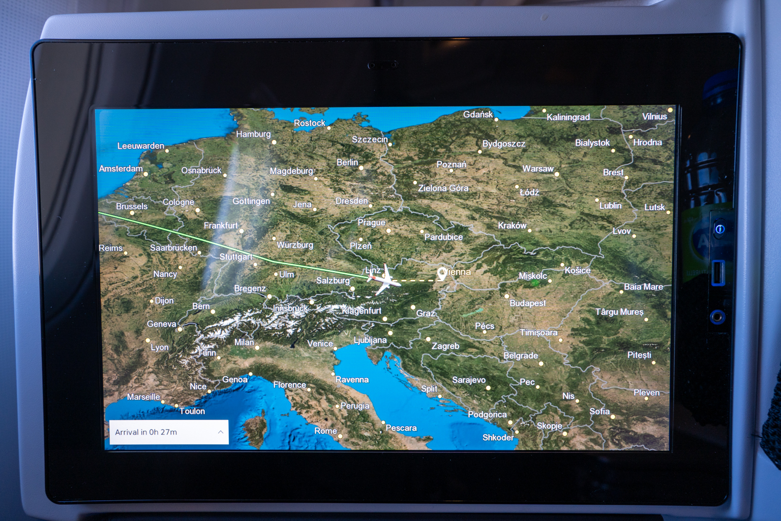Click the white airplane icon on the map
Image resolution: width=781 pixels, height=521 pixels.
click(384, 279)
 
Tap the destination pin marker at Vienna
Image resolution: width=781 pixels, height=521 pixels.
click(442, 274)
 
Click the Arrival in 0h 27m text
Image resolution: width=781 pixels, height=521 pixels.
click(146, 432)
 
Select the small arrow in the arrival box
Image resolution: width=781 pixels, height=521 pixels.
click(221, 432)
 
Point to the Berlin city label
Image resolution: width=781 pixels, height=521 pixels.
click(347, 162)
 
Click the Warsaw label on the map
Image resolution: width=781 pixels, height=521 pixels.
click(538, 169)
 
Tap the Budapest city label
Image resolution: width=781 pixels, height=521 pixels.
click(528, 303)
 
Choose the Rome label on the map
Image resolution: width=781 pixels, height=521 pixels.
click(325, 431)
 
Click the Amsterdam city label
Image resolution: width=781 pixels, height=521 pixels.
click(121, 168)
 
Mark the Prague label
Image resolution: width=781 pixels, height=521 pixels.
click(371, 223)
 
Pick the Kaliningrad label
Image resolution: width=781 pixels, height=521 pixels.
click(568, 117)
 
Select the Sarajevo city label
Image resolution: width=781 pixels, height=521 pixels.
click(469, 380)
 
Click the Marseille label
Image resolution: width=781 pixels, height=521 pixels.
click(143, 397)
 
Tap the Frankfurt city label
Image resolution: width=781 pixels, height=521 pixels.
click(221, 225)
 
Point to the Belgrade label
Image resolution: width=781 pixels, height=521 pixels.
click(521, 356)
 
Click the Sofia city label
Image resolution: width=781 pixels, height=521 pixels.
click(599, 411)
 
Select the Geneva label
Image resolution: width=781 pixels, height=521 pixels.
click(162, 324)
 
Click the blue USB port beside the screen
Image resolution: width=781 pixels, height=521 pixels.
click(718, 272)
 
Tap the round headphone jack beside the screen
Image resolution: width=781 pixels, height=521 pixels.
click(717, 317)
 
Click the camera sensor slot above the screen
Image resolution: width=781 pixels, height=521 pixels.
click(383, 65)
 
